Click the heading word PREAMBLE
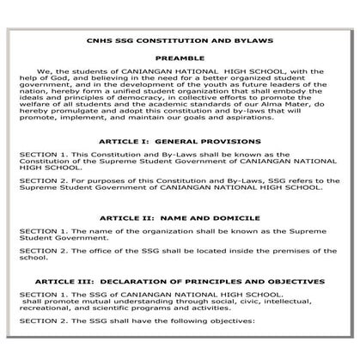click(x=180, y=58)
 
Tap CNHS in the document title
click(x=98, y=41)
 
